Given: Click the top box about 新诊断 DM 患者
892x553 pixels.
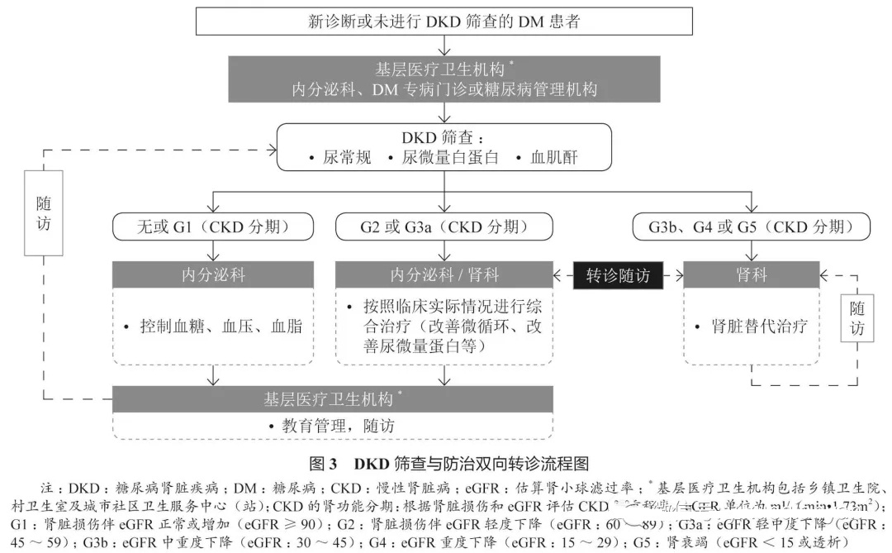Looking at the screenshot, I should click(x=444, y=21).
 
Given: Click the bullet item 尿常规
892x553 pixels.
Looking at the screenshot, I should click(x=330, y=157).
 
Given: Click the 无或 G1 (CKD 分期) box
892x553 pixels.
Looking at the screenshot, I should click(x=214, y=226).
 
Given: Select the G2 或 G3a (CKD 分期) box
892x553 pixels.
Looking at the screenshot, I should click(x=444, y=226).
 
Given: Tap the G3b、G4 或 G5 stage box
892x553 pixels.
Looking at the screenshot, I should click(x=751, y=226).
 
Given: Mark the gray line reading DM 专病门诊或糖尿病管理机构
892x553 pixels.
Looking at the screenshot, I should click(x=444, y=88).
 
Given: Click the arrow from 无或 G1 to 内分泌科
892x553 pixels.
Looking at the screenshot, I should click(x=214, y=250).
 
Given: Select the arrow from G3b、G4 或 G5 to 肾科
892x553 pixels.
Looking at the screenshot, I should click(x=751, y=250).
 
